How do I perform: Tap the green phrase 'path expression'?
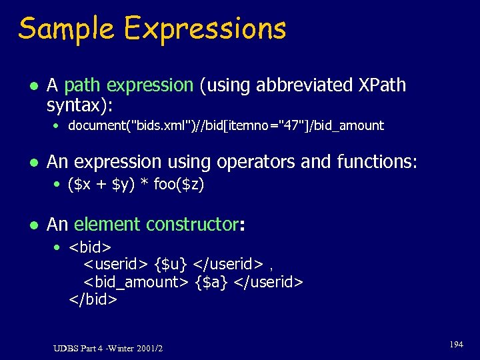pos(129,85)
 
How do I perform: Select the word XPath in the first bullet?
pos(382,85)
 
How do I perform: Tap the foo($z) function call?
pos(179,185)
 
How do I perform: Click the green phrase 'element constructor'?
pos(156,225)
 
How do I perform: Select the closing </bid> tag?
pos(93,299)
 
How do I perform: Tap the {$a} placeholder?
pos(211,283)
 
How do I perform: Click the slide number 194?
pos(456,345)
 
